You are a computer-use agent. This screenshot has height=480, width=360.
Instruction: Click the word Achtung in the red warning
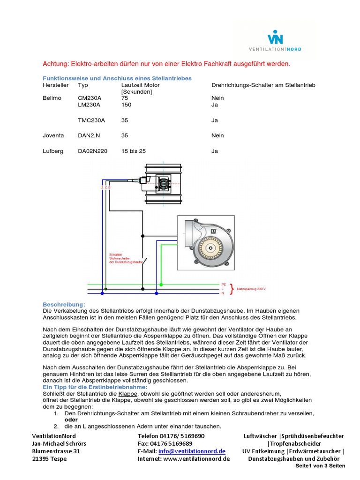tap(56, 64)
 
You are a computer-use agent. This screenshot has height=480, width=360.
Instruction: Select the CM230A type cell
tap(90, 98)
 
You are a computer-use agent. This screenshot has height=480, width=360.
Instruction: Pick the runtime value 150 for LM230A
tap(126, 105)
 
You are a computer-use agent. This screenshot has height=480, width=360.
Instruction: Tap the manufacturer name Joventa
tap(53, 135)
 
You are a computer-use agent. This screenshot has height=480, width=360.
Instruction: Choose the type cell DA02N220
tap(93, 151)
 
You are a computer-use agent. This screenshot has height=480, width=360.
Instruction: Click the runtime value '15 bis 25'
tap(134, 151)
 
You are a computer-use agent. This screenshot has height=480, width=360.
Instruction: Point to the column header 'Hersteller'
tap(56, 85)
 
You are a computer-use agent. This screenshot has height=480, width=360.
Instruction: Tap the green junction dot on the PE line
tap(161, 285)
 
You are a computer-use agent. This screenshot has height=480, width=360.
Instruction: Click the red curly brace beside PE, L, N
tap(232, 288)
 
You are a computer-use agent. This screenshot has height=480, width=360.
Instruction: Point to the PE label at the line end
tap(224, 285)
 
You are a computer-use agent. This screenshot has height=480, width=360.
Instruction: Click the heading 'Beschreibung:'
tap(64, 304)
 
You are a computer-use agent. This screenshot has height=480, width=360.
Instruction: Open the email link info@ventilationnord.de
tap(192, 451)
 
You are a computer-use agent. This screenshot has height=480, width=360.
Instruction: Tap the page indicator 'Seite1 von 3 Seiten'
tap(320, 465)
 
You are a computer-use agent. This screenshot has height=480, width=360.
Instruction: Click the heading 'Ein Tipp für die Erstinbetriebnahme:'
tap(95, 387)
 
